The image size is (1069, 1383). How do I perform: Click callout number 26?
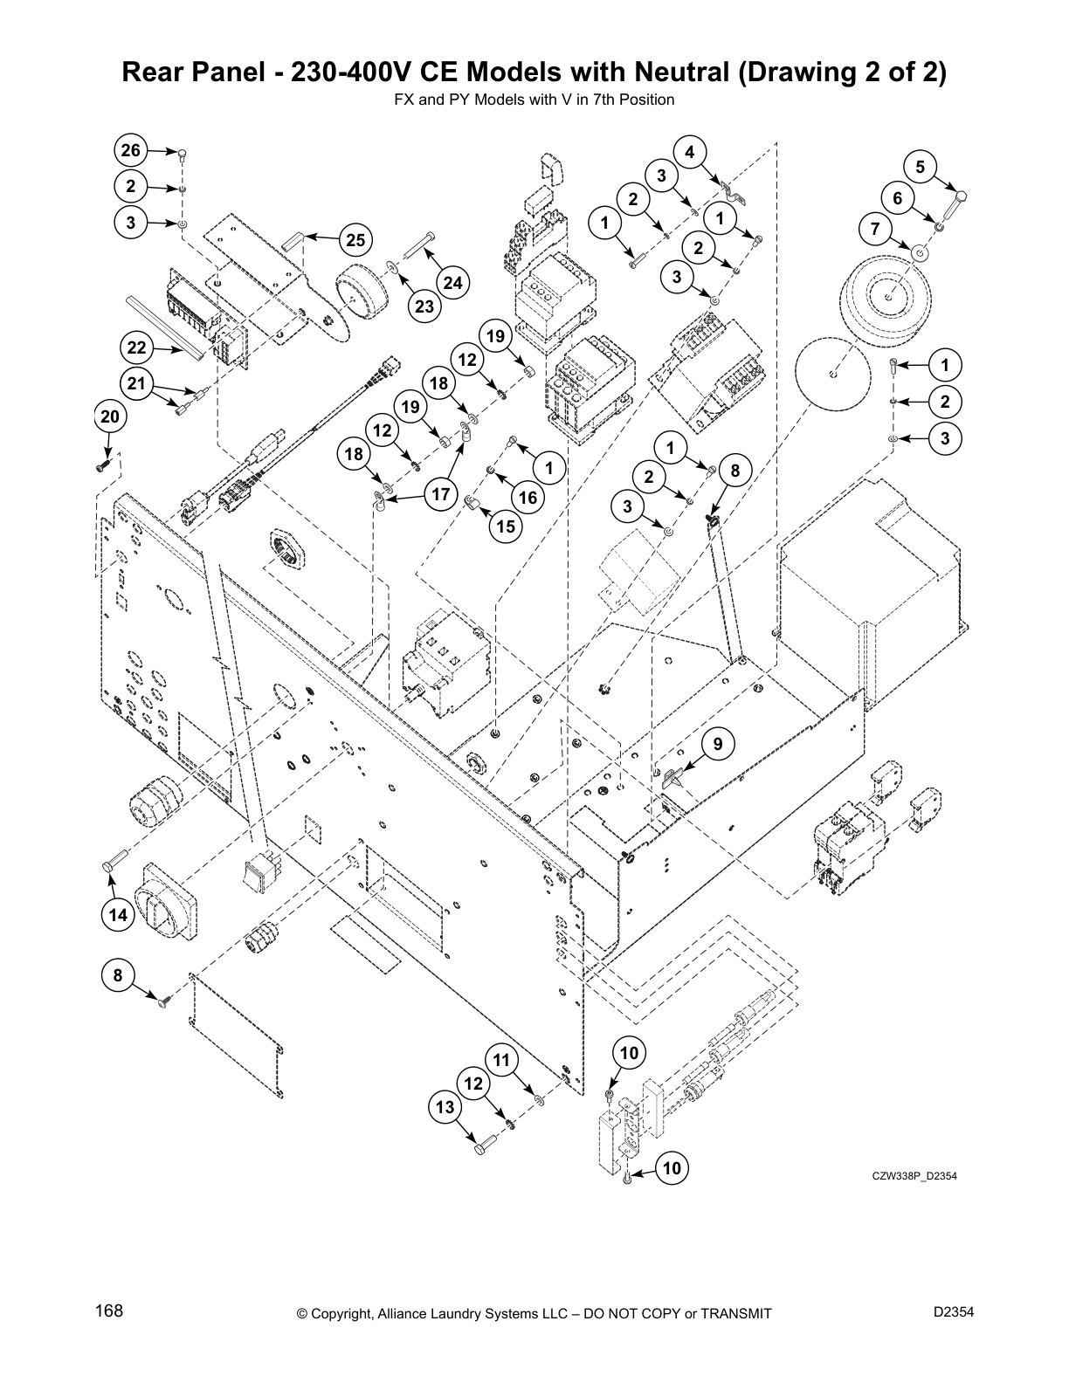[130, 151]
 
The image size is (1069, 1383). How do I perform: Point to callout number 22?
[136, 348]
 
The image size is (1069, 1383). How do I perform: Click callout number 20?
[109, 416]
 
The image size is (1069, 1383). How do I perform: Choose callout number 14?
[117, 914]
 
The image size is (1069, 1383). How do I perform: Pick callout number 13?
[445, 1108]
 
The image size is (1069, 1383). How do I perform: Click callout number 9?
[718, 744]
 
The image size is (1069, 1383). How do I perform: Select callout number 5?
[920, 166]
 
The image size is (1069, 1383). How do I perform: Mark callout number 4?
[689, 152]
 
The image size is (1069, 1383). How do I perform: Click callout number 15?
[506, 526]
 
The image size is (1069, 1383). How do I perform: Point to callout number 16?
[528, 497]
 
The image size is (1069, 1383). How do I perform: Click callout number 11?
[501, 1060]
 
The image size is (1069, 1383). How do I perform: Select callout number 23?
[424, 306]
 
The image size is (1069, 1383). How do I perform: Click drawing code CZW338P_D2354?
[914, 1176]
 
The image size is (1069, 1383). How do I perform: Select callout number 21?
[136, 382]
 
